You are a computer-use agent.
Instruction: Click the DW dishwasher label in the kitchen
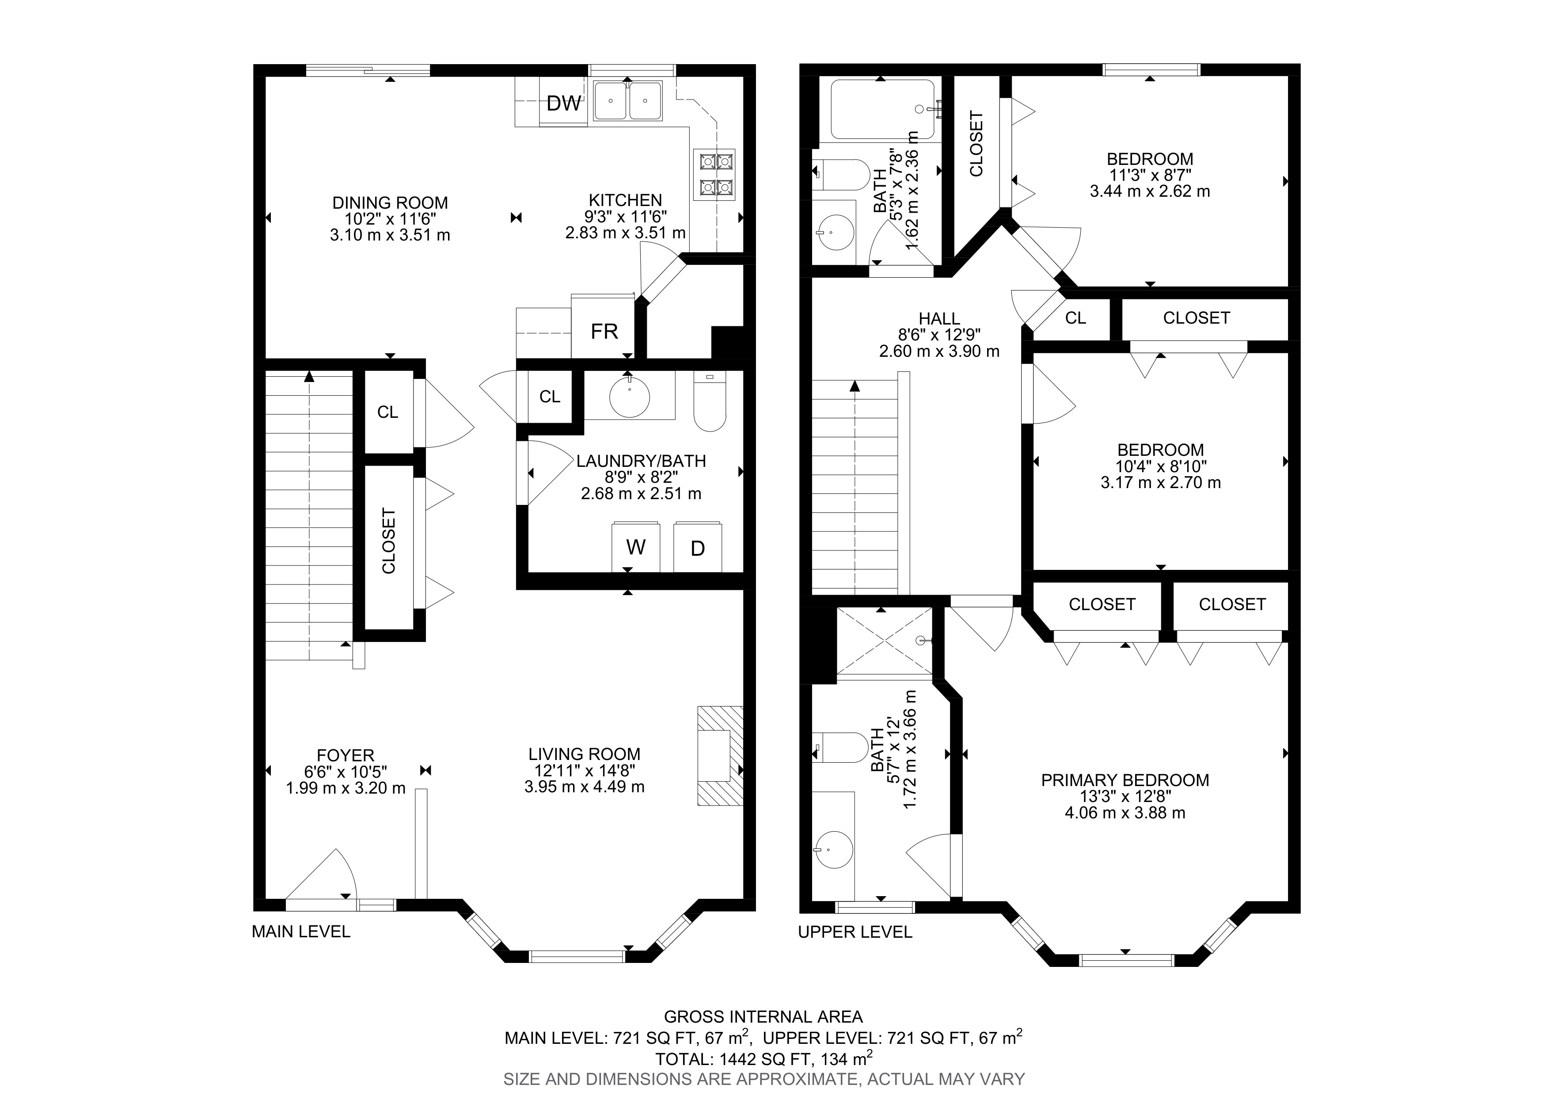pos(563,103)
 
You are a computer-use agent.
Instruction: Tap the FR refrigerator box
pos(604,326)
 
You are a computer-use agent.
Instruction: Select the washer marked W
pos(636,546)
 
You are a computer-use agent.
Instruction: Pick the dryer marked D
pos(697,546)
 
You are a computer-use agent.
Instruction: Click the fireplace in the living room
pos(720,756)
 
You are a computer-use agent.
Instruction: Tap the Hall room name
pos(939,318)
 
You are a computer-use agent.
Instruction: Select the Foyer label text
pos(346,755)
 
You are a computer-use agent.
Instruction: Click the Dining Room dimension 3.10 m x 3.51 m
pos(390,235)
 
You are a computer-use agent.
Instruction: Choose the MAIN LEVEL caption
pos(301,932)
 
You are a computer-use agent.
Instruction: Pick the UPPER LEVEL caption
pos(855,932)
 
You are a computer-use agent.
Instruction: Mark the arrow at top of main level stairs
pos(309,377)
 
